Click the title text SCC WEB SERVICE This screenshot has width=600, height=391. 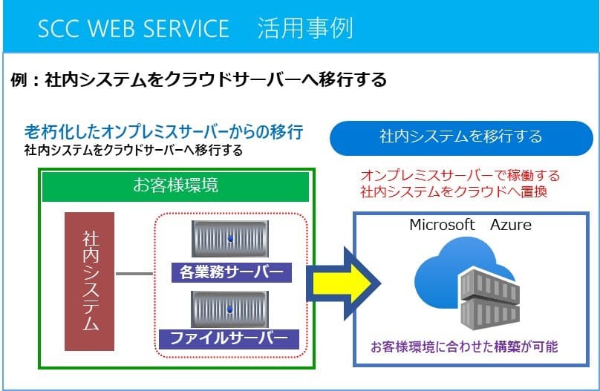pos(134,28)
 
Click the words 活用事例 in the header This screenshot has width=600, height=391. pos(305,28)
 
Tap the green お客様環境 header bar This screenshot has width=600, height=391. pos(175,186)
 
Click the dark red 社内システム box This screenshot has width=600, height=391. pos(90,281)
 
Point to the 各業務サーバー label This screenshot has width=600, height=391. pos(232,272)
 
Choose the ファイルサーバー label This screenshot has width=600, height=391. pos(229,338)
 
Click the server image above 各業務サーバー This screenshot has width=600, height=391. pos(230,239)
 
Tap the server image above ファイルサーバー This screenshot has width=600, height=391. pos(230,309)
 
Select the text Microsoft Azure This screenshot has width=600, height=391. pos(470,225)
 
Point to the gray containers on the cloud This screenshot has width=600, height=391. pos(490,298)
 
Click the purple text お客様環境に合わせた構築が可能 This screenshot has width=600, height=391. pos(464,346)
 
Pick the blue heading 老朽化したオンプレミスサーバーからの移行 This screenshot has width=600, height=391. pos(164,132)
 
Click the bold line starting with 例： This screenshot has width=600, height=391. pos(198,79)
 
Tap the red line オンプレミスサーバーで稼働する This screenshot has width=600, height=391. pos(460,175)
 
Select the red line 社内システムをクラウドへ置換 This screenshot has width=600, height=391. pos(454,191)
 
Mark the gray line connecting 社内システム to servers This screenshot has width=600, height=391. pos(134,274)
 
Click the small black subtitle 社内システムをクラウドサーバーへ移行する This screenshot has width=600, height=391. pos(134,150)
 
